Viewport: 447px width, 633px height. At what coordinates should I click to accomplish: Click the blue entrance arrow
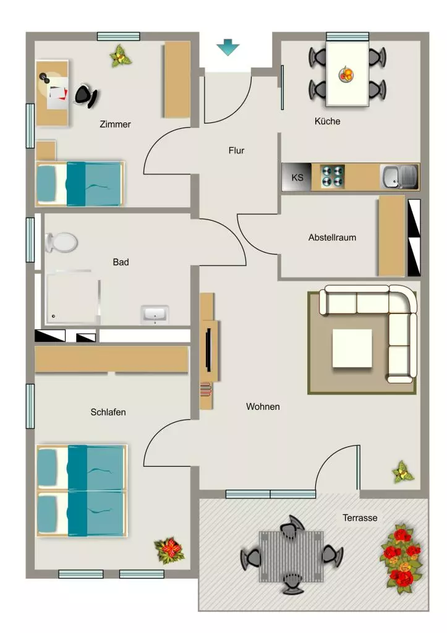click(x=228, y=47)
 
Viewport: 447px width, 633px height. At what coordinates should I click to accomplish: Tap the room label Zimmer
click(x=115, y=124)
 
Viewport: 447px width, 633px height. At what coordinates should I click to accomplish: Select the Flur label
click(x=236, y=151)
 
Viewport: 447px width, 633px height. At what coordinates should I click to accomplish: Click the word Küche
click(x=327, y=121)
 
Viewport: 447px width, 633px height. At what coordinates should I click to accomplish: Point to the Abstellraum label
click(x=332, y=237)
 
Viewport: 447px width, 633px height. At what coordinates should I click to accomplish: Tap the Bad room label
click(x=121, y=262)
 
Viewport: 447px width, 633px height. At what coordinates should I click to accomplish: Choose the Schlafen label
click(x=108, y=412)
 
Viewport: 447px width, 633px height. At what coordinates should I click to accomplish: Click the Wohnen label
click(x=263, y=407)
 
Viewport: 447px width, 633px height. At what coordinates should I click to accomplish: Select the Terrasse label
click(x=360, y=518)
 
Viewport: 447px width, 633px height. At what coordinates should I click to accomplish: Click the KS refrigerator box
click(x=297, y=177)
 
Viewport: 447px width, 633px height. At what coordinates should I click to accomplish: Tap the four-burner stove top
click(x=333, y=177)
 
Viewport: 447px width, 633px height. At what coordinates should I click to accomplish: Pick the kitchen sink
click(x=399, y=177)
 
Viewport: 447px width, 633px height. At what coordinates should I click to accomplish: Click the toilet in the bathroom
click(x=61, y=242)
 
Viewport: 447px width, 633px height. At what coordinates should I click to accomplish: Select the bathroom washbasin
click(x=155, y=315)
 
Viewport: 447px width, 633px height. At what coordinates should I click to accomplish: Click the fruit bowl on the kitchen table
click(x=346, y=74)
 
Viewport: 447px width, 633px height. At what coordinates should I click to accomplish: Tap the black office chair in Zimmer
click(x=86, y=96)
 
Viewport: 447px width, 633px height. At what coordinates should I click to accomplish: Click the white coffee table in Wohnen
click(x=352, y=349)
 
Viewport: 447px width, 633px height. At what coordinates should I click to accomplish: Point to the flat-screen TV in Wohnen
click(x=208, y=350)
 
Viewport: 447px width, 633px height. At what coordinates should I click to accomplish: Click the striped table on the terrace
click(x=291, y=556)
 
